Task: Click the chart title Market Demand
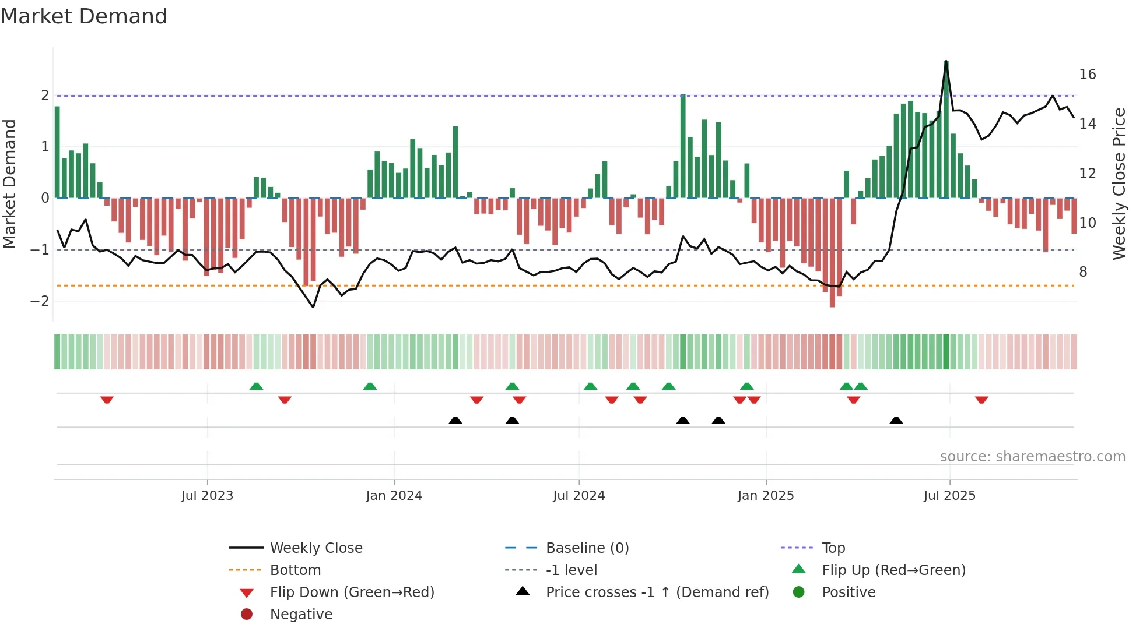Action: pos(84,16)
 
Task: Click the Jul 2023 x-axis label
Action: pos(207,496)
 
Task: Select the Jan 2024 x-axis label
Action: pos(394,496)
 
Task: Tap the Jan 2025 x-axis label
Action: pos(765,496)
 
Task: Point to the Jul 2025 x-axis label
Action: pos(949,496)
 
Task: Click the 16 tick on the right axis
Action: pos(1087,75)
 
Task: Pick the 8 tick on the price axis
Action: pos(1083,272)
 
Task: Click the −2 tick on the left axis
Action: pos(40,301)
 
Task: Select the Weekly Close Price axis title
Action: pos(1119,184)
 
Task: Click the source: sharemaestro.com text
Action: pos(1032,457)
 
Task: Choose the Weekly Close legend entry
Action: pos(315,548)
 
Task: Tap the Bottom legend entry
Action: pos(295,570)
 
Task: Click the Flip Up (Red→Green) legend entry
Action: pos(893,570)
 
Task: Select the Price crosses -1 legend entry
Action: pos(657,592)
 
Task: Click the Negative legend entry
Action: pos(301,615)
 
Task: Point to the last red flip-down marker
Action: pos(981,400)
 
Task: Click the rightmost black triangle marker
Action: pos(896,420)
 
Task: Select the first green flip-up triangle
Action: pos(256,386)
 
